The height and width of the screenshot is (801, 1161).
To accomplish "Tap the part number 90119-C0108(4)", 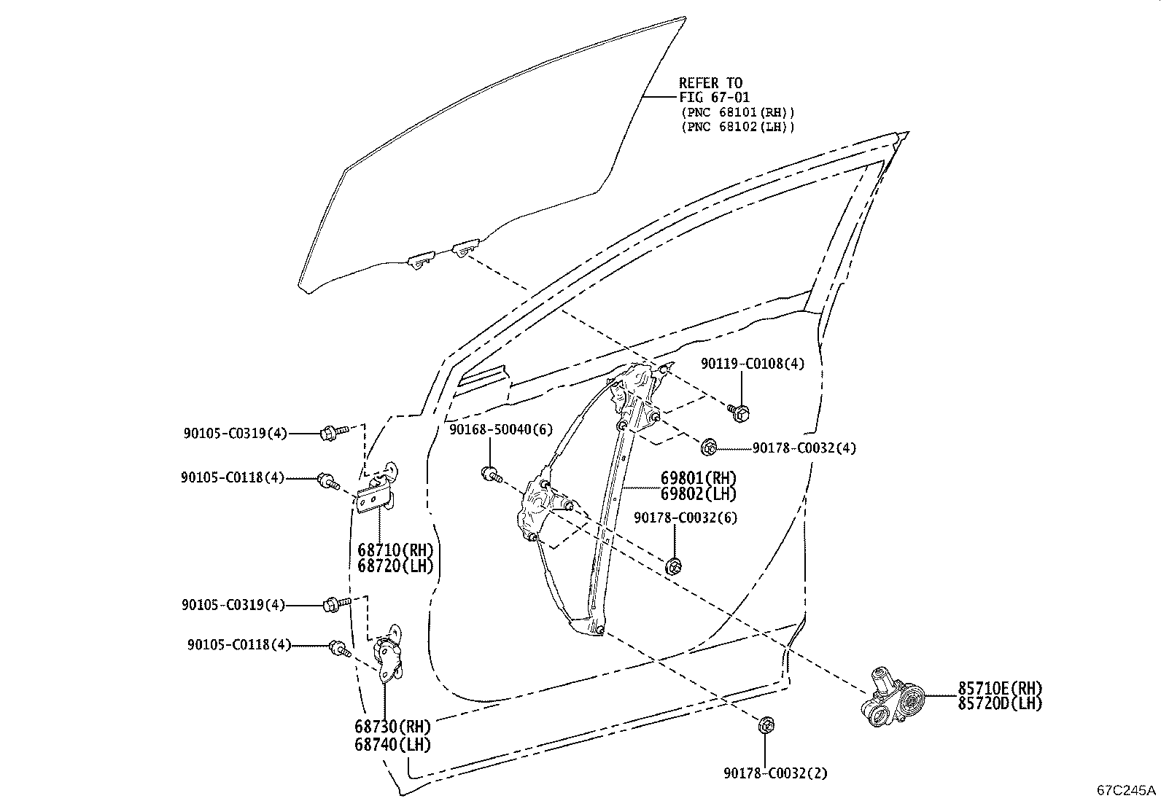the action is tap(753, 364).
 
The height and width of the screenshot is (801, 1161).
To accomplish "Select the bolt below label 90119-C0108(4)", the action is tap(739, 413).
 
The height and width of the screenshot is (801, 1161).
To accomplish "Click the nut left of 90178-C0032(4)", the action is tap(708, 447).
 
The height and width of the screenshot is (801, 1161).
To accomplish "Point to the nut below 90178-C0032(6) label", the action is tap(673, 566).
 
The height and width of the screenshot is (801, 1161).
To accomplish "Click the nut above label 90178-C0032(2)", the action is tap(766, 725).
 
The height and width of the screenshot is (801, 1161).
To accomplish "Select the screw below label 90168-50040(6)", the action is tap(492, 474).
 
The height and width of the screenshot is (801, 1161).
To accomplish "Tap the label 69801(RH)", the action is tap(698, 477).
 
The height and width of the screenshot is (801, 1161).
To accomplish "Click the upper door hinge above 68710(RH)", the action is tap(378, 487).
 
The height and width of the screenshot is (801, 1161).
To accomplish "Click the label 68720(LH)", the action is tap(395, 566).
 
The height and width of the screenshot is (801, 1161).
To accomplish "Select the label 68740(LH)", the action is tap(393, 745).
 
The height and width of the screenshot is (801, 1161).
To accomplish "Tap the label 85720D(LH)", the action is tap(1000, 703).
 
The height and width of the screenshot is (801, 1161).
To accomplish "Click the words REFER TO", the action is tap(710, 83).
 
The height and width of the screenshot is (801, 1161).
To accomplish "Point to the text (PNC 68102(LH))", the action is tap(738, 127).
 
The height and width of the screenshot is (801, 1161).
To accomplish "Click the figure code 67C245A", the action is tap(1126, 790).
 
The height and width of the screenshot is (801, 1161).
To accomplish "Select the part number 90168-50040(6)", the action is tap(501, 429).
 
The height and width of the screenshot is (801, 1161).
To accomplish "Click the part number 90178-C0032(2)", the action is tap(776, 773).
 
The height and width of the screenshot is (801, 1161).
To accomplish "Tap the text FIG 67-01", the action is tap(714, 97).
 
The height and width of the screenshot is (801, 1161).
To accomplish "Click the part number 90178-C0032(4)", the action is tap(804, 448).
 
